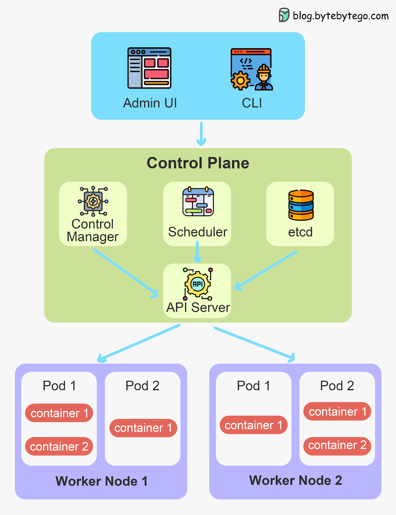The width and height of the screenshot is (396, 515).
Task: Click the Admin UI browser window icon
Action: (149, 68)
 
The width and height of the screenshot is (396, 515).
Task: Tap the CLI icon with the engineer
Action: (251, 69)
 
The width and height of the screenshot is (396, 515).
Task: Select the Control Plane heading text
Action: (198, 163)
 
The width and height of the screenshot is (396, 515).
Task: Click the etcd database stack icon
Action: (301, 205)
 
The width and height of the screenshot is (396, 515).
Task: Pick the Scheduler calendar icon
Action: (198, 202)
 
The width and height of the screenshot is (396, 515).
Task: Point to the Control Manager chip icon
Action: (93, 201)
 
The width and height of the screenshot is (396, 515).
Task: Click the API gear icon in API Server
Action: (197, 284)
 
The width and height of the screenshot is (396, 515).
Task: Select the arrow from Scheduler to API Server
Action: (197, 252)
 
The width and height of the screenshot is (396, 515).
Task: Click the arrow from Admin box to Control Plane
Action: (201, 134)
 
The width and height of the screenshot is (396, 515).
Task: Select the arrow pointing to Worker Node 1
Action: (138, 343)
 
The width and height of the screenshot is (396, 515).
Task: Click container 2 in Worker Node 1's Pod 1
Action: (59, 446)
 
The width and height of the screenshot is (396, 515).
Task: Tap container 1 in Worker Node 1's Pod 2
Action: (143, 428)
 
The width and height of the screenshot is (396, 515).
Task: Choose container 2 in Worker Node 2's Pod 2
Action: (337, 445)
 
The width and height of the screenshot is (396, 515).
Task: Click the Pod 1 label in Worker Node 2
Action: (253, 386)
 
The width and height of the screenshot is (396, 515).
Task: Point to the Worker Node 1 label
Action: (101, 481)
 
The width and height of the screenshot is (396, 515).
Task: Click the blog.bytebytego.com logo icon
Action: (284, 15)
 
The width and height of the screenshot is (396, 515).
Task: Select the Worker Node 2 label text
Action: (295, 480)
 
